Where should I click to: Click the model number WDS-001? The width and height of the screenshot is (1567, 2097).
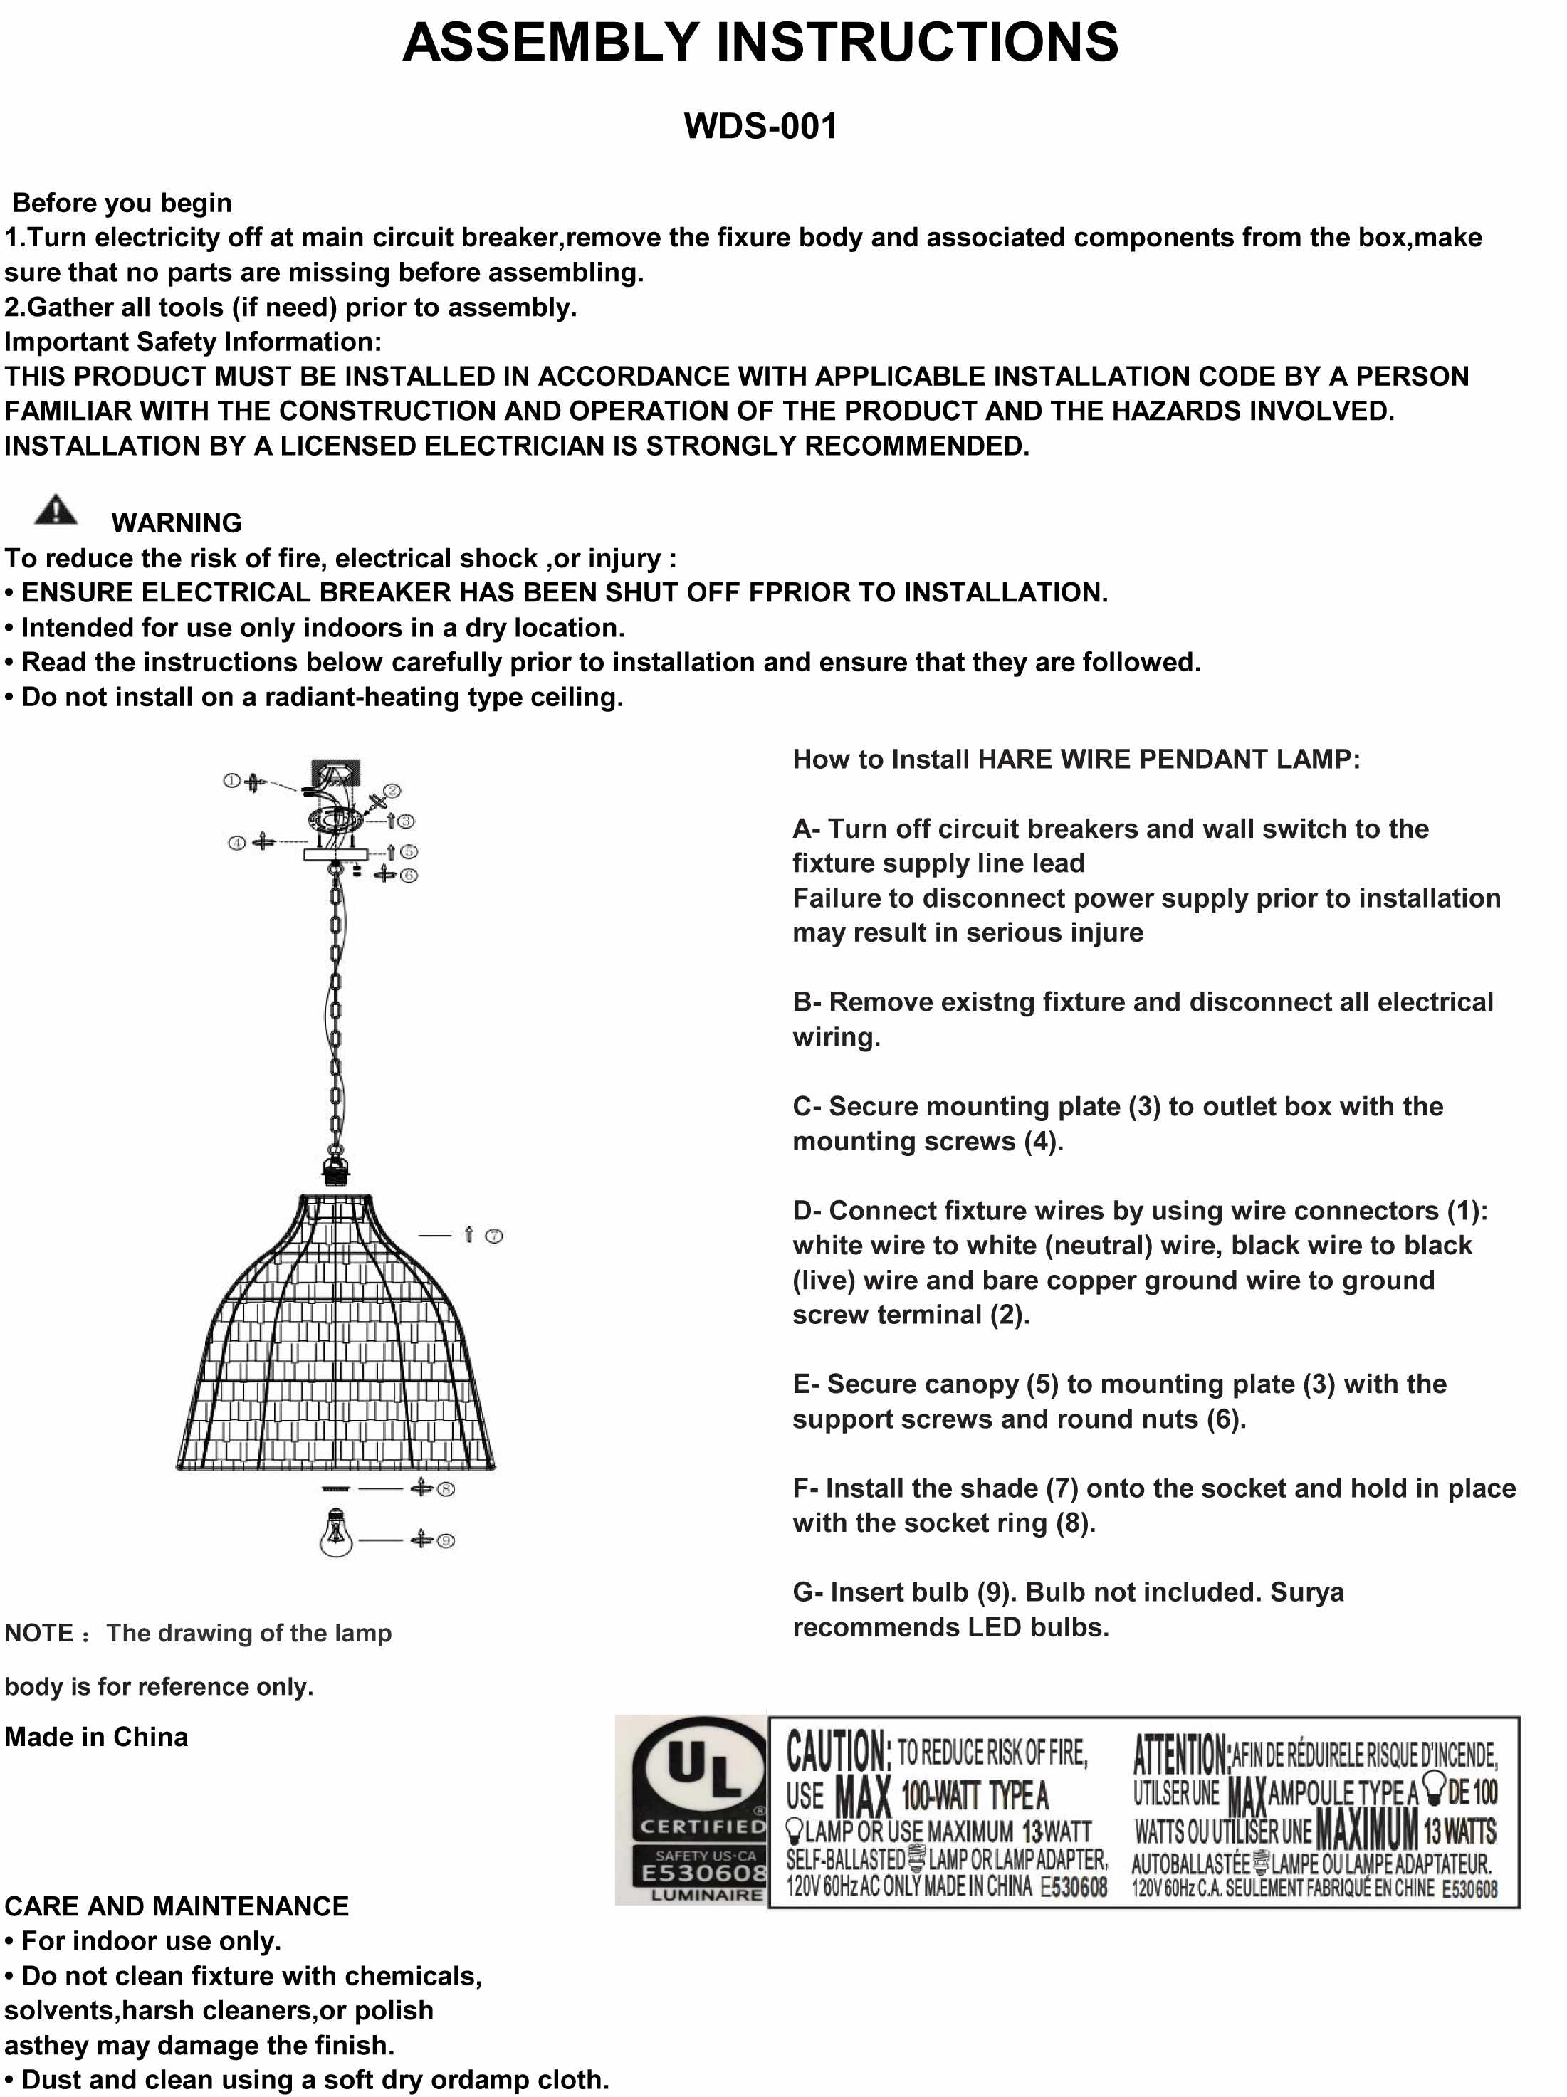click(760, 126)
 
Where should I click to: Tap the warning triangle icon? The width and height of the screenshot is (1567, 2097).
click(56, 511)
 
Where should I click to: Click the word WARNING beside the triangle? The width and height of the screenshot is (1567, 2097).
click(177, 522)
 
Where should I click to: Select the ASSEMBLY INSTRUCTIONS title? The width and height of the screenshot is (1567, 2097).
click(760, 43)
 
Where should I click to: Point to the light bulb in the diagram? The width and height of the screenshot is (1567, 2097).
click(335, 1534)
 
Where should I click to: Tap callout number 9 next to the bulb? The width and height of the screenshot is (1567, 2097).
click(446, 1540)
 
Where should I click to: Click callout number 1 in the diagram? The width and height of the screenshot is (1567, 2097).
click(231, 781)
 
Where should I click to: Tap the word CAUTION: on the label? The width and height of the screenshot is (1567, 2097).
click(838, 1751)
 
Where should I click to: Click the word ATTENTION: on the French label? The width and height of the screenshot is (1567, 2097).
click(1181, 1754)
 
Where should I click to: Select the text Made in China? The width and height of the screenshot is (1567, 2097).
click(97, 1737)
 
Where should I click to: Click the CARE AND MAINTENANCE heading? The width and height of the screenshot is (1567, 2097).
click(177, 1906)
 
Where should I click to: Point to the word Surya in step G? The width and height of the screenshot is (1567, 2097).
click(1307, 1592)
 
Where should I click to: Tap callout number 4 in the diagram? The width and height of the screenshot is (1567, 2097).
click(236, 843)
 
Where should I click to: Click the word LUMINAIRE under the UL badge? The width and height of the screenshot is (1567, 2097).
click(706, 1895)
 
